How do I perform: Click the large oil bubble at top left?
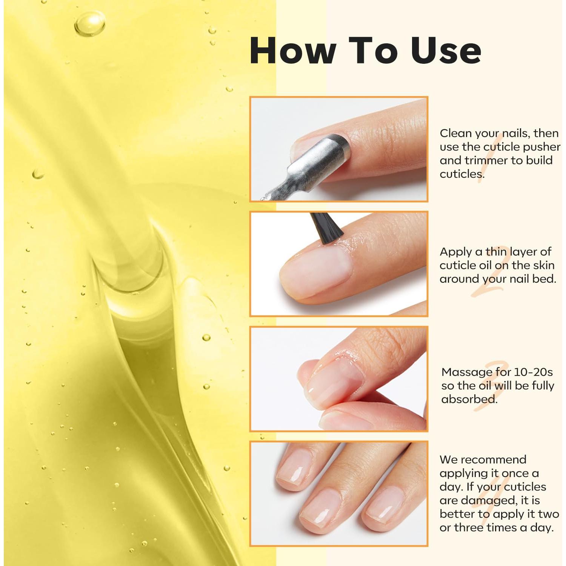tap(89, 23)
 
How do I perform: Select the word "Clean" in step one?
tap(455, 133)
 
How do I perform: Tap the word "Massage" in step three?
tap(467, 372)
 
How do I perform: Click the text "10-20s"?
tap(533, 372)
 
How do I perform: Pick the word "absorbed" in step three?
tap(469, 399)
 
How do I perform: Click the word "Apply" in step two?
tap(455, 252)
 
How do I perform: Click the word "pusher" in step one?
tap(541, 147)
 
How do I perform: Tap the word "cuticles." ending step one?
tap(462, 174)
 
